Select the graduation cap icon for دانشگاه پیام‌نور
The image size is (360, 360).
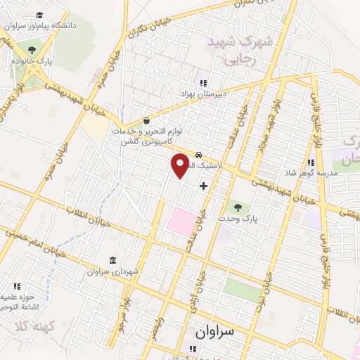[39, 15]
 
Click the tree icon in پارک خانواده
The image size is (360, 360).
[31, 49]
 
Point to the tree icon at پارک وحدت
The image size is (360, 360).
[238, 207]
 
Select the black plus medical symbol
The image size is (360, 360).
[204, 186]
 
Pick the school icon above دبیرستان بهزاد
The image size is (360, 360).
[204, 84]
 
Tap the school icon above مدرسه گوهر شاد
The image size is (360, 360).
[310, 163]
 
